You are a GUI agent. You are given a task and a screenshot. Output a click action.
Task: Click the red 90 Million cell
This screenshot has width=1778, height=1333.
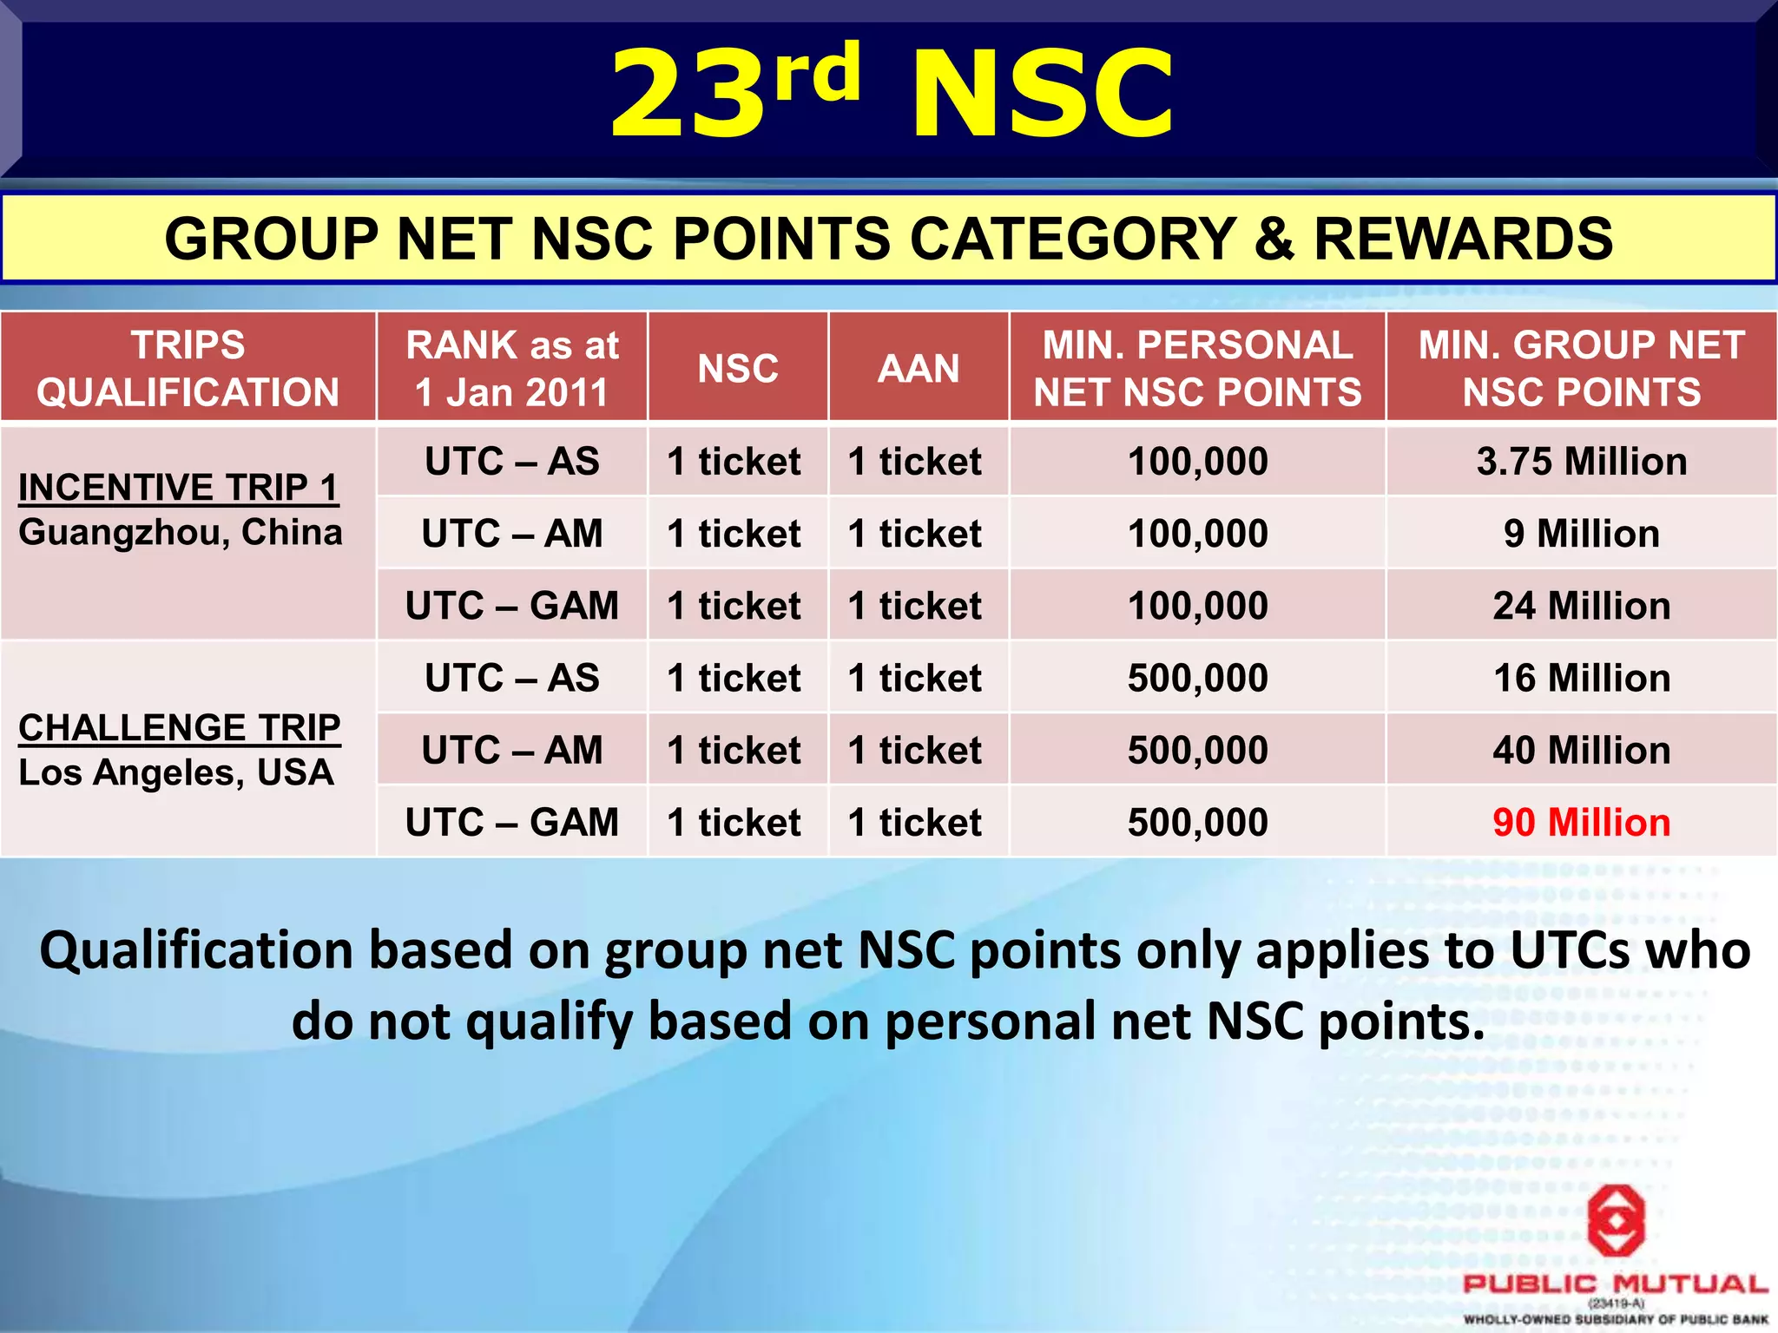coord(1581,822)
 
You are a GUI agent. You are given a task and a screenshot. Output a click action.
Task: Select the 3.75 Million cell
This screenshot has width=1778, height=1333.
coord(1581,462)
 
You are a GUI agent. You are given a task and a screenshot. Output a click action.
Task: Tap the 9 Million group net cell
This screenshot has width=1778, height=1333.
coord(1581,534)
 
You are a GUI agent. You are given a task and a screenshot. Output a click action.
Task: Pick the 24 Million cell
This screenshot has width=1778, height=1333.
coord(1581,606)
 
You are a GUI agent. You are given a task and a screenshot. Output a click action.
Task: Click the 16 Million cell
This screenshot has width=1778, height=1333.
coord(1581,678)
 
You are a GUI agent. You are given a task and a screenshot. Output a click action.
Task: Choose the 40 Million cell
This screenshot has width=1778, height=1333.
coord(1581,750)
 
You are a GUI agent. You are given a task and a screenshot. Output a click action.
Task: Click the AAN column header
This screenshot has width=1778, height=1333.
coord(919,368)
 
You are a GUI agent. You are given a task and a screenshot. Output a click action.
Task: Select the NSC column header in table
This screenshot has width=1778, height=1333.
coord(738,368)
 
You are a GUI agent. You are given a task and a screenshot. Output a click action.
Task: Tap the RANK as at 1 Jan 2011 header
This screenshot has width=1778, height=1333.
coord(512,368)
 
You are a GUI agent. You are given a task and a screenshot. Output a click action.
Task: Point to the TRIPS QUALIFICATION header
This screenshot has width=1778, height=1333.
coord(188,368)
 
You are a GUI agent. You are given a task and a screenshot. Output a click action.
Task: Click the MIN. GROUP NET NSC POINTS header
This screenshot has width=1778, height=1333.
coord(1581,368)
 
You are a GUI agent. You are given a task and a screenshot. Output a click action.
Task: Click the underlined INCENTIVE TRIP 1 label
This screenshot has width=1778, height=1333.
coord(178,488)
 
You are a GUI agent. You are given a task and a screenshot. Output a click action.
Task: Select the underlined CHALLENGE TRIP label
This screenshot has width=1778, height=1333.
coord(180,727)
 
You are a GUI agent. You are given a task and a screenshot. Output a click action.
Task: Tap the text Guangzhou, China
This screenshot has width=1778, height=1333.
coord(181,532)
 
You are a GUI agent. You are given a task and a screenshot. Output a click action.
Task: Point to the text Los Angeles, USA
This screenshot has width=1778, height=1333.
coord(176,772)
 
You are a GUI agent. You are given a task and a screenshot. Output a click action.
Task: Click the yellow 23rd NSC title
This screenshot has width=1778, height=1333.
coord(892,94)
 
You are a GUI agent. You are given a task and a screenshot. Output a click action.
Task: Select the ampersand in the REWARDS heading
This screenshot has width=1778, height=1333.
coord(1274,240)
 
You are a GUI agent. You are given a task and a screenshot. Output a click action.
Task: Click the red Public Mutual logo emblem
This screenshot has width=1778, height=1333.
coord(1616,1221)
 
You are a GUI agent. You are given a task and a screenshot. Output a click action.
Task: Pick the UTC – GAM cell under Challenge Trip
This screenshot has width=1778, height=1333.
coord(512,822)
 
